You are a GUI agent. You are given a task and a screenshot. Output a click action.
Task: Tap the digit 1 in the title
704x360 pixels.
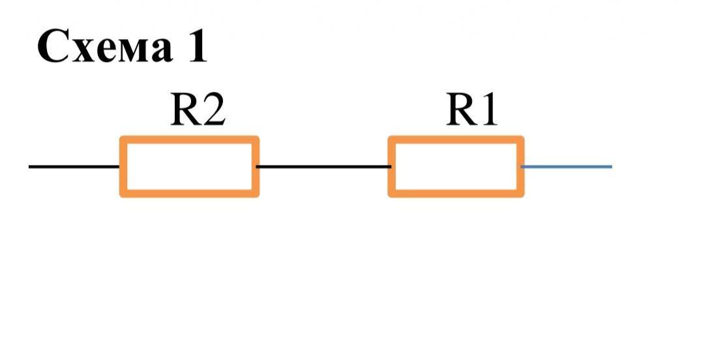tap(196, 47)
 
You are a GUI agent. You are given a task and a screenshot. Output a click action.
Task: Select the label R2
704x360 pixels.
tap(198, 111)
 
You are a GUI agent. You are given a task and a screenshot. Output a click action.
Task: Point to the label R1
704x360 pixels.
tap(471, 111)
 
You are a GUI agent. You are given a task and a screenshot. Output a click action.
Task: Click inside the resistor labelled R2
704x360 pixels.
tap(189, 166)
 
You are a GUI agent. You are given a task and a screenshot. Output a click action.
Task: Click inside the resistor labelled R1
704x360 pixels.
tap(456, 166)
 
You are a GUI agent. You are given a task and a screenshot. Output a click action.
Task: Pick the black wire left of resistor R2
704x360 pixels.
tap(74, 166)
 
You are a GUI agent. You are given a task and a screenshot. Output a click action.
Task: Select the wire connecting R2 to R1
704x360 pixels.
tap(323, 166)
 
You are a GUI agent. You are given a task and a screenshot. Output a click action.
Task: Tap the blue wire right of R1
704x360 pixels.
tap(567, 166)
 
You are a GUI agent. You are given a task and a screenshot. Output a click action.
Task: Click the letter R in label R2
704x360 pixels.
tap(184, 111)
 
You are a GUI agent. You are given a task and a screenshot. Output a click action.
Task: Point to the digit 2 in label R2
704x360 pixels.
tap(214, 111)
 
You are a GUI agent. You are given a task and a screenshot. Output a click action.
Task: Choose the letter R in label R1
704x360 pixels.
tap(461, 111)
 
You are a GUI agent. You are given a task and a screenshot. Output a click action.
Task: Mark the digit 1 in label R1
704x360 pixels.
tap(488, 111)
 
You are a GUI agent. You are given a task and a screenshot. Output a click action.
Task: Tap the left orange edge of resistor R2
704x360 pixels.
tap(123, 166)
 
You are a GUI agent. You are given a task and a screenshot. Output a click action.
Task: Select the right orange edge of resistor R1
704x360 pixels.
tap(521, 166)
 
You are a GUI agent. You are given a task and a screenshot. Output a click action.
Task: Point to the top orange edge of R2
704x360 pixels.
tap(189, 140)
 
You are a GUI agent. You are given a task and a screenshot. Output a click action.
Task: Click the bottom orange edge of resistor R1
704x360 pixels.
tap(456, 193)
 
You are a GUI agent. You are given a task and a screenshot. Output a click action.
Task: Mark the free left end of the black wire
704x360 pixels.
tap(31, 166)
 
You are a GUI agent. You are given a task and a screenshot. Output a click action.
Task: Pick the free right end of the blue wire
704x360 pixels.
tap(610, 166)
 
